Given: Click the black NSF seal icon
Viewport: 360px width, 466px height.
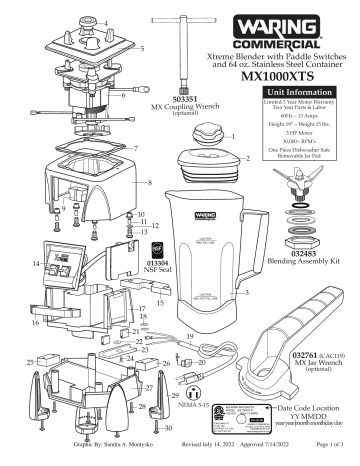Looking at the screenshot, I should tap(156, 253).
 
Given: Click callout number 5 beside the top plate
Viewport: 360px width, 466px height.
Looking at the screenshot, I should tap(141, 48).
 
